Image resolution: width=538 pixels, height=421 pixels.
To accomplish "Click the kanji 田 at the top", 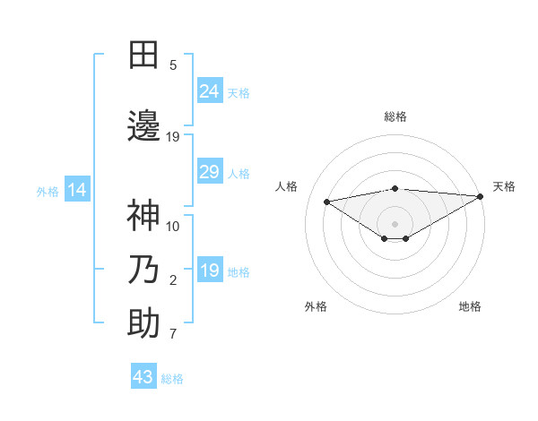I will (x=143, y=56).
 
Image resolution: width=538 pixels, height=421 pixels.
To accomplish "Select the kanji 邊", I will (x=143, y=125).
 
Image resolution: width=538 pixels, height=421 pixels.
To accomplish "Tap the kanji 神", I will (x=143, y=215).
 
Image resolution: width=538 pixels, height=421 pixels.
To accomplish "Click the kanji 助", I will (x=143, y=323).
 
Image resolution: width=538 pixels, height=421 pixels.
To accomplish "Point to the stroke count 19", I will (x=173, y=137).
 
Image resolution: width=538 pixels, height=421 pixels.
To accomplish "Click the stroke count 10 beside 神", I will (x=173, y=226).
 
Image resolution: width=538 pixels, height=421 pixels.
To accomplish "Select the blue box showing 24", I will (x=209, y=90).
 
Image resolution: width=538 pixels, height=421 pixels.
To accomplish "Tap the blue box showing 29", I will (x=209, y=172).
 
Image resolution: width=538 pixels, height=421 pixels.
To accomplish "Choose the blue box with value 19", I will (x=209, y=271).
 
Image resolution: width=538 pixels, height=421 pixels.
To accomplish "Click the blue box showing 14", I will (x=76, y=190).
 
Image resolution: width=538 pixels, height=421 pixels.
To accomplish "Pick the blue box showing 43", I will (x=143, y=377).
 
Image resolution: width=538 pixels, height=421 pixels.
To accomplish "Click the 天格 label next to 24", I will (x=239, y=92).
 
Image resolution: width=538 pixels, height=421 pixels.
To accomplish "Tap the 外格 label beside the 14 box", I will (x=48, y=191).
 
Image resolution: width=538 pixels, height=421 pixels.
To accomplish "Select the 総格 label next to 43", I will (x=172, y=379).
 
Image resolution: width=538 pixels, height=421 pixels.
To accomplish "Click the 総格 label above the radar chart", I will (x=395, y=116).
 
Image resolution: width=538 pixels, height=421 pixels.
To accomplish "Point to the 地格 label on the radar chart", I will (x=470, y=306).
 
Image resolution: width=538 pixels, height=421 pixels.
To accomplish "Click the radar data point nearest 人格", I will (x=327, y=201).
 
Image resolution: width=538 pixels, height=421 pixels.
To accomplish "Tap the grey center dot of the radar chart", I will (x=395, y=222).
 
